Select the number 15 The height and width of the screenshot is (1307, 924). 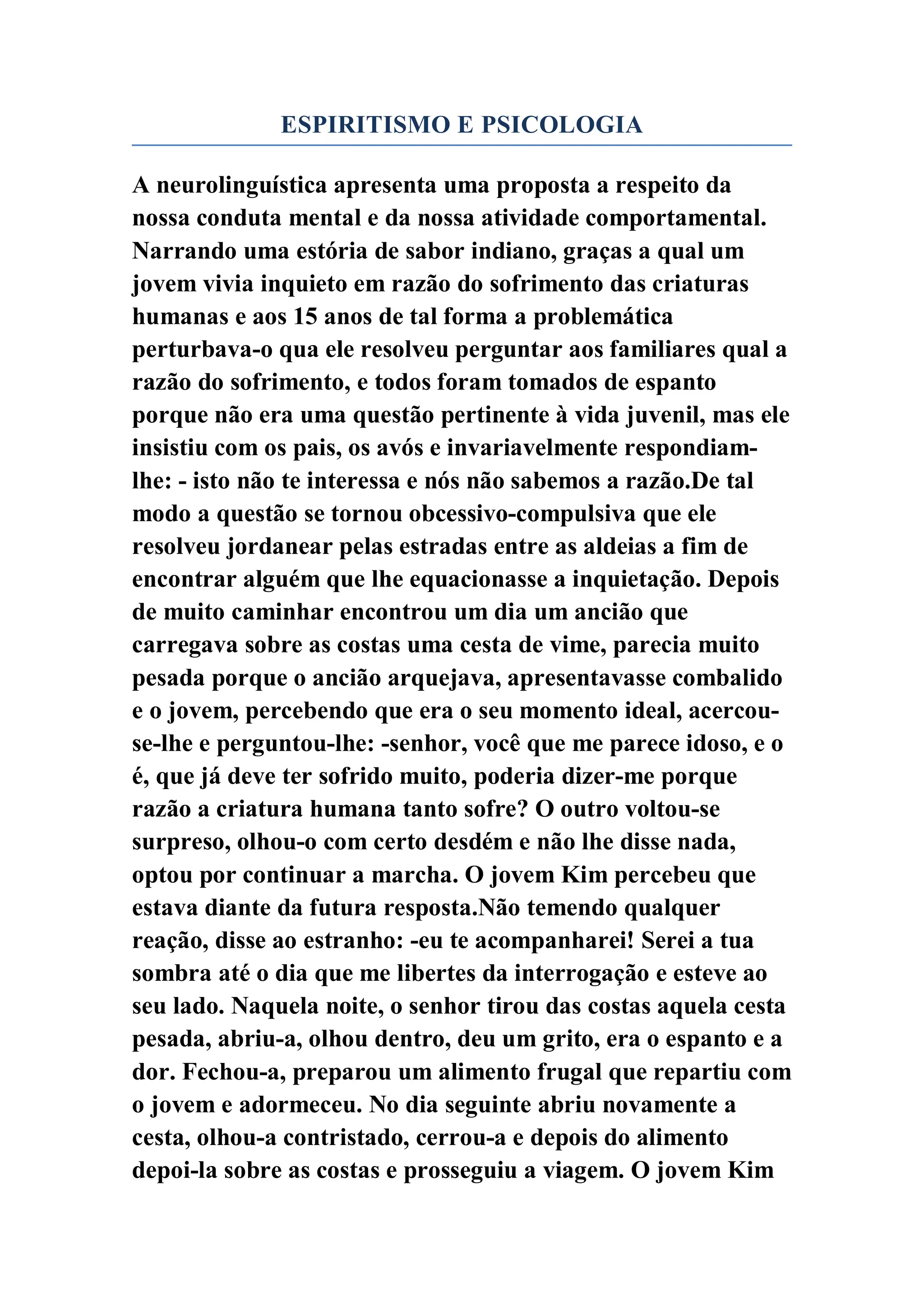[305, 317]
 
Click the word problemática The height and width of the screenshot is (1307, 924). [603, 317]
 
